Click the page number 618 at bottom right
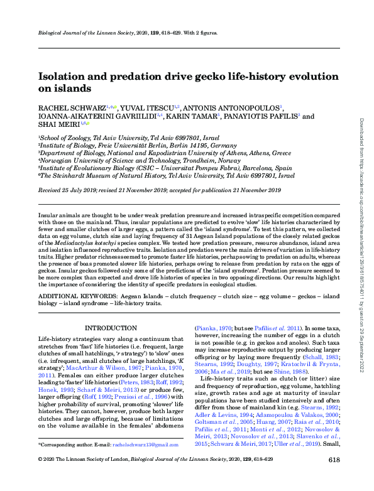pos(334,477)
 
